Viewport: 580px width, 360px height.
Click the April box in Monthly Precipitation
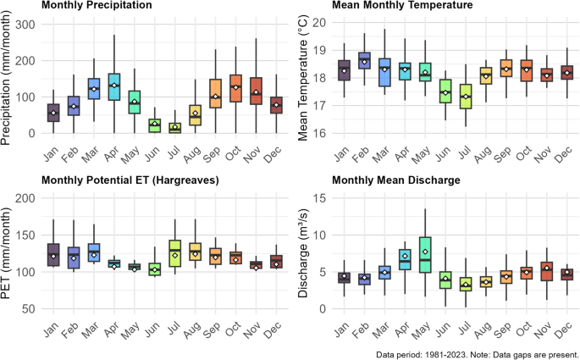(x=114, y=86)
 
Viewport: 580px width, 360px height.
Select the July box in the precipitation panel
(x=174, y=128)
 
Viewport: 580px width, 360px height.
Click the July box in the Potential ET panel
(x=174, y=253)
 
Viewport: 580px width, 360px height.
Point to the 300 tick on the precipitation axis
(x=28, y=24)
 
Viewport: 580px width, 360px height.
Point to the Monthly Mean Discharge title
(x=364, y=181)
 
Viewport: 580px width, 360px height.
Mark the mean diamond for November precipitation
(x=255, y=92)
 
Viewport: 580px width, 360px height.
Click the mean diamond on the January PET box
(x=54, y=256)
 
